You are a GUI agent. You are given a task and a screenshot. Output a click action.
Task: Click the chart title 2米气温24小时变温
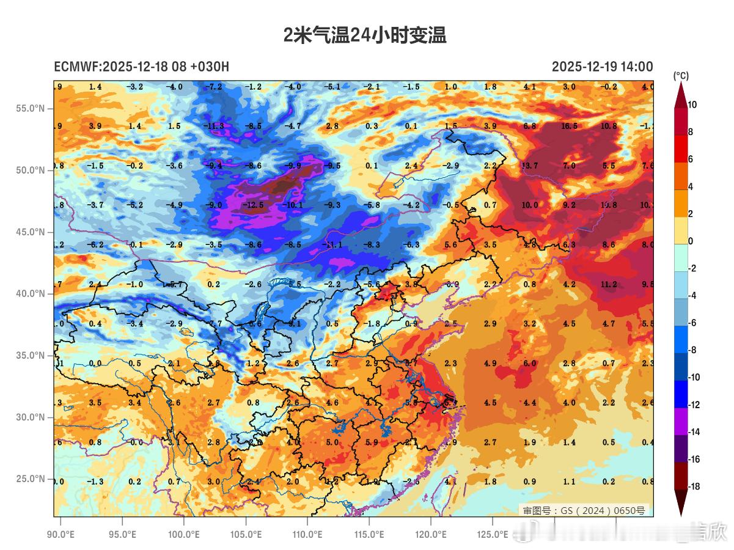tap(365, 35)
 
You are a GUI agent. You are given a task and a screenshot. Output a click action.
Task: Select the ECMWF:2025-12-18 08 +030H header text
tap(141, 67)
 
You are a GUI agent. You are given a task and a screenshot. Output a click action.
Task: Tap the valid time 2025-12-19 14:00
tap(602, 67)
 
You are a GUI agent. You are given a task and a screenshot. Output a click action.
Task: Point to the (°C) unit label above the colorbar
tap(681, 76)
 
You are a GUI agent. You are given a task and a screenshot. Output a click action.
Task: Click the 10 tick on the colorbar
tap(692, 105)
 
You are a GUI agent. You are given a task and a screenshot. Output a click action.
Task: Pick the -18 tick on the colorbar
tap(694, 486)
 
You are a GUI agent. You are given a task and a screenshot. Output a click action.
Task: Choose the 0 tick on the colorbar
tap(691, 241)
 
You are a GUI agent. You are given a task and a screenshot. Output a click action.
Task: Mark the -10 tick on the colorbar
tap(694, 378)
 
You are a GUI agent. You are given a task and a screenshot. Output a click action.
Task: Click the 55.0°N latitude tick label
tap(30, 109)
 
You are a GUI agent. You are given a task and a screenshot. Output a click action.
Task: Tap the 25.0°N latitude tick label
tap(30, 479)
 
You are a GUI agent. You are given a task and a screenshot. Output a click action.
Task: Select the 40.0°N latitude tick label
tap(30, 294)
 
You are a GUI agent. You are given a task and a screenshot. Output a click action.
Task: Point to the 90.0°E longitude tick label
tap(61, 535)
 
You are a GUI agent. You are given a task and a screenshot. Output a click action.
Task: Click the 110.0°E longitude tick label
tap(307, 535)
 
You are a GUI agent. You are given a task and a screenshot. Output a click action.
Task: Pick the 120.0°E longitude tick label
tap(431, 535)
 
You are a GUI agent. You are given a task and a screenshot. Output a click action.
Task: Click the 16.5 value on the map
tap(569, 126)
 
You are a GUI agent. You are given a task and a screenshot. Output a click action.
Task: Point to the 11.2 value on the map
tap(608, 284)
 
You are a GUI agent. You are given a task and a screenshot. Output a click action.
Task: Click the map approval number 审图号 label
tap(584, 510)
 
